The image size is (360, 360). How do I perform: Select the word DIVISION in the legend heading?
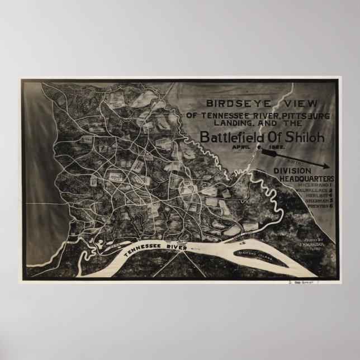pyautogui.click(x=295, y=171)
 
